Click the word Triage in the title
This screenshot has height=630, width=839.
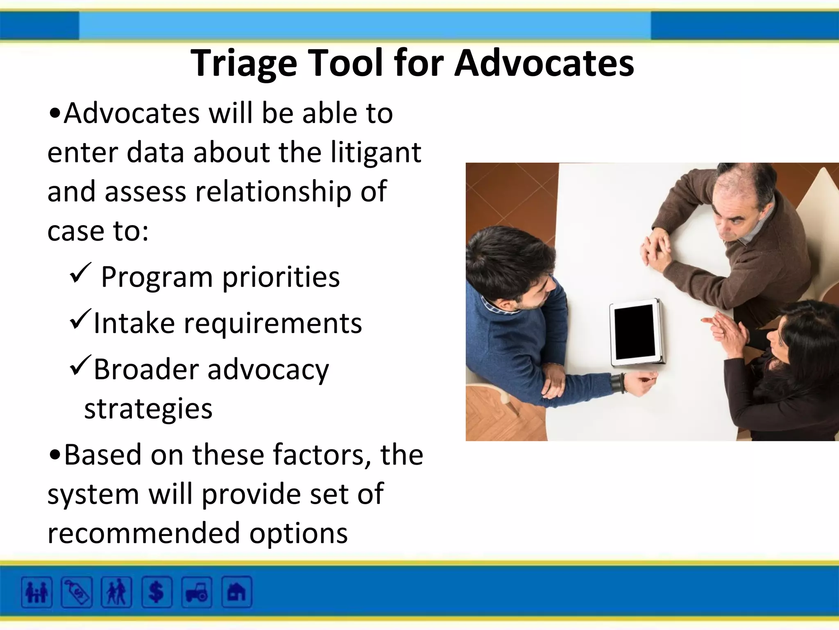(244, 64)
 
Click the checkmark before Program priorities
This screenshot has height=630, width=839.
(80, 273)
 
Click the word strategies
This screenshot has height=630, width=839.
(148, 409)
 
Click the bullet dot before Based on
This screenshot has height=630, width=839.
(54, 455)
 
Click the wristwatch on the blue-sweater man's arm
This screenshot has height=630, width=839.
(618, 383)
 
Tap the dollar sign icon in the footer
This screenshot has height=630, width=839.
(156, 592)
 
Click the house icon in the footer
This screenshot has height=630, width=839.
(237, 592)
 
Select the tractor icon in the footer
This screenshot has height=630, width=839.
(197, 592)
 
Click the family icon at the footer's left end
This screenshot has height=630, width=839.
(37, 592)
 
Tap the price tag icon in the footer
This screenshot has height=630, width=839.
(77, 592)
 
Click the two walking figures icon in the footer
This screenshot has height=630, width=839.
(116, 592)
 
